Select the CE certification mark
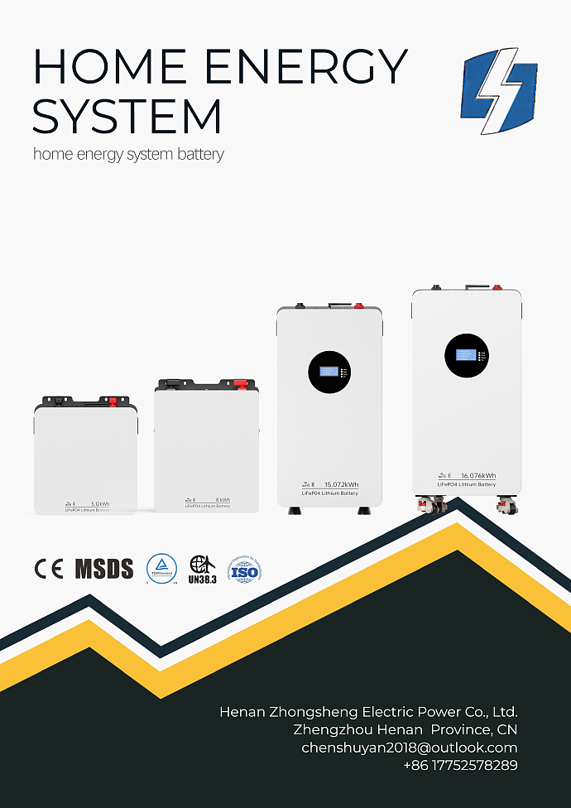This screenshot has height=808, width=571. click(48, 569)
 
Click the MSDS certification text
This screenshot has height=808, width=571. click(104, 569)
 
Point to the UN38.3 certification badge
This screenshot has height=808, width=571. click(203, 570)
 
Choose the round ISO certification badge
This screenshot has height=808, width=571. click(245, 570)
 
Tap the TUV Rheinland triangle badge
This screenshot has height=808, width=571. click(161, 569)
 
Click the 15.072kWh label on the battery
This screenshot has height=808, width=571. click(341, 484)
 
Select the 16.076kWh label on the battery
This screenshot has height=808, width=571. click(478, 475)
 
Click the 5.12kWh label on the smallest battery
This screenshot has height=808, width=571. click(100, 503)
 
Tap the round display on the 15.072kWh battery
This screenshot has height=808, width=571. click(329, 372)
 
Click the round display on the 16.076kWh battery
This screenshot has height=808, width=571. click(466, 354)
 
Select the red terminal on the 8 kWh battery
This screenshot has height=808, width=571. click(238, 383)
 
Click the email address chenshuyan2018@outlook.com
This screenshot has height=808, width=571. click(409, 748)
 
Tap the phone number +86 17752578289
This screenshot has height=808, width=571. click(460, 766)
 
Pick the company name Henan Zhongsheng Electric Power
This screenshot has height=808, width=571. click(368, 712)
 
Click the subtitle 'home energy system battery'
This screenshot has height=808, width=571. click(128, 154)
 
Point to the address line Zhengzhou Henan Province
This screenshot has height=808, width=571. click(405, 730)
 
